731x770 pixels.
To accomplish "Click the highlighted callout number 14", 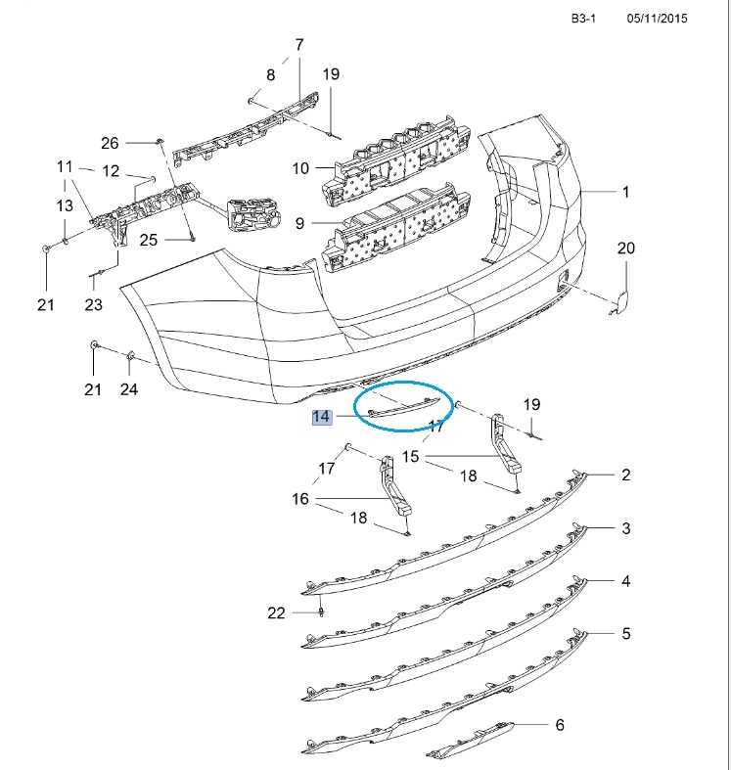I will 320,418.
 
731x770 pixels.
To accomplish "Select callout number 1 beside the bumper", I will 626,193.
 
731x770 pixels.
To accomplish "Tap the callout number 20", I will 625,249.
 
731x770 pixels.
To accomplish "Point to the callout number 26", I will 110,142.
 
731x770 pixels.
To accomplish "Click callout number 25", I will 149,240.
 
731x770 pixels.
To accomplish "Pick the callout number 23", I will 93,305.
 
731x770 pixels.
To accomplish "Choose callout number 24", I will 129,389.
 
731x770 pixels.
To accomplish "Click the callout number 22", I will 276,613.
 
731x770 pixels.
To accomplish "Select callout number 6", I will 560,725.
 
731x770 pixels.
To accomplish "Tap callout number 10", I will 300,168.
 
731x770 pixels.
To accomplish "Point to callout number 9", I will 300,223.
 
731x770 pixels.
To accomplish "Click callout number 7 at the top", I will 299,45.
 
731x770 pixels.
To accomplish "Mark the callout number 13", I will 65,205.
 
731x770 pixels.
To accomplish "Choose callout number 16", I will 300,499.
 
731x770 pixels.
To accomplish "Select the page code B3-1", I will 584,19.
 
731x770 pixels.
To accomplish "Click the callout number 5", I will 626,634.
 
